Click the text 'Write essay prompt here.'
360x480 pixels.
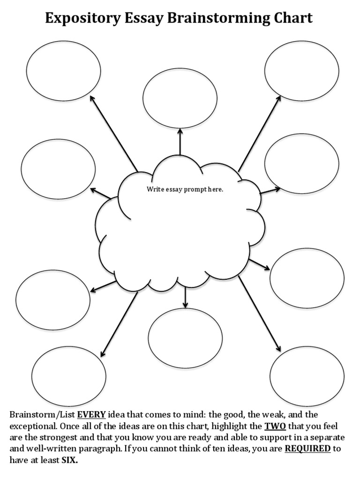coord(185,189)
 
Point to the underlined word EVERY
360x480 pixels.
coord(91,414)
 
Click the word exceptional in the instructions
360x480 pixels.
coord(31,426)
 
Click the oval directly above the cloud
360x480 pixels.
coord(180,98)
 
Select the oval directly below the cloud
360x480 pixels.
coord(185,338)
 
